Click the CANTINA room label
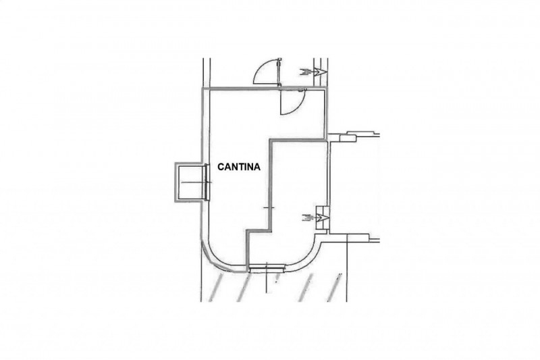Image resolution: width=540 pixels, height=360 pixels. click(x=239, y=167)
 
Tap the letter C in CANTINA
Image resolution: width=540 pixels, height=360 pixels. click(x=221, y=167)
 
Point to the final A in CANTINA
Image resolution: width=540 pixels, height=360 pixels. click(x=257, y=167)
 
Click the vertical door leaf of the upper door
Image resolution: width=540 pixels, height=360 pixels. click(x=279, y=72)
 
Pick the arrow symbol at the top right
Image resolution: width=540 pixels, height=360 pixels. click(x=313, y=72)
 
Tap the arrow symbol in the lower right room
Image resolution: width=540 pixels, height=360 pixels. click(x=315, y=217)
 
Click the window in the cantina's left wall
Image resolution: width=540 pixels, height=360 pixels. click(x=207, y=182)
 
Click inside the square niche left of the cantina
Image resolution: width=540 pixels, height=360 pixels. click(x=190, y=182)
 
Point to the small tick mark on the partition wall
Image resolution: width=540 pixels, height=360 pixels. click(x=269, y=208)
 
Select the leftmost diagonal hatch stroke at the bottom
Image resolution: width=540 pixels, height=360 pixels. click(x=212, y=286)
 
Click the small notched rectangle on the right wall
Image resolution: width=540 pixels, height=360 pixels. click(x=348, y=137)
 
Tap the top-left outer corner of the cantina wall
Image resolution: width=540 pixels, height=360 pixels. click(x=202, y=88)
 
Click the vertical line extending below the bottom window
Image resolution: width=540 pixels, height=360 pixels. click(x=267, y=282)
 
